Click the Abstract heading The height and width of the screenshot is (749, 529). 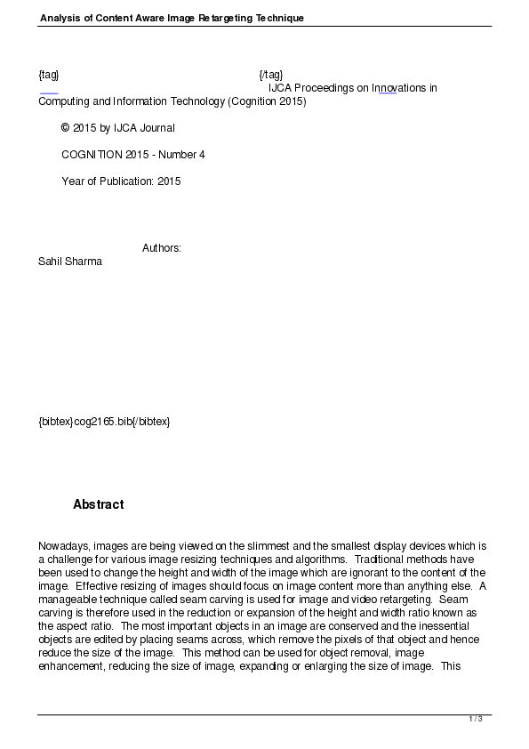[98, 504]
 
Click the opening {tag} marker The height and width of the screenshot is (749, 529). [49, 75]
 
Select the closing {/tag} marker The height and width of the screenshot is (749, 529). [271, 75]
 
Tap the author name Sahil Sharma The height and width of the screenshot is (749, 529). [70, 262]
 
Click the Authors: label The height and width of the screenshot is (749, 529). [162, 248]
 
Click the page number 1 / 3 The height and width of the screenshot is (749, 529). [475, 718]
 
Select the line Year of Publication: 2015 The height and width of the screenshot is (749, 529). [121, 181]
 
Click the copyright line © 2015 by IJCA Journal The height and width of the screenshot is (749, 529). [117, 128]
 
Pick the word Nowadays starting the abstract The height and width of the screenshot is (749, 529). [63, 546]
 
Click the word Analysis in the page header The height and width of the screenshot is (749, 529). [60, 18]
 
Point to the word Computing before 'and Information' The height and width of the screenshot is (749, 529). [63, 101]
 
